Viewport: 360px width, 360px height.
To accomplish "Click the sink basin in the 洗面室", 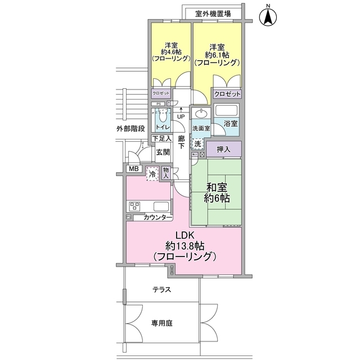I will pyautogui.click(x=201, y=115).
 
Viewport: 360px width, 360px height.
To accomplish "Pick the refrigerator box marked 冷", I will pyautogui.click(x=152, y=174).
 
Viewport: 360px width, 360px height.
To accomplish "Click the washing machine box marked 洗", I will pyautogui.click(x=197, y=143).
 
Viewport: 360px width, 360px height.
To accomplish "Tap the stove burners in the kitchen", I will pyautogui.click(x=136, y=206).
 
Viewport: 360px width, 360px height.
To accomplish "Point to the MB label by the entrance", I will pyautogui.click(x=133, y=169).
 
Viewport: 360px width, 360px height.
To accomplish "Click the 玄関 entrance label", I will pyautogui.click(x=163, y=152).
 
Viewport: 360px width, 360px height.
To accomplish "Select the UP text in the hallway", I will pyautogui.click(x=181, y=117).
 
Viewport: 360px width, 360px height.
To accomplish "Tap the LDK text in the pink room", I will pyautogui.click(x=184, y=235).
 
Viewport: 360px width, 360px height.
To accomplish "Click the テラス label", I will pyautogui.click(x=161, y=290).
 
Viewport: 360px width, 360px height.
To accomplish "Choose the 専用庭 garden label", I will pyautogui.click(x=161, y=323).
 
